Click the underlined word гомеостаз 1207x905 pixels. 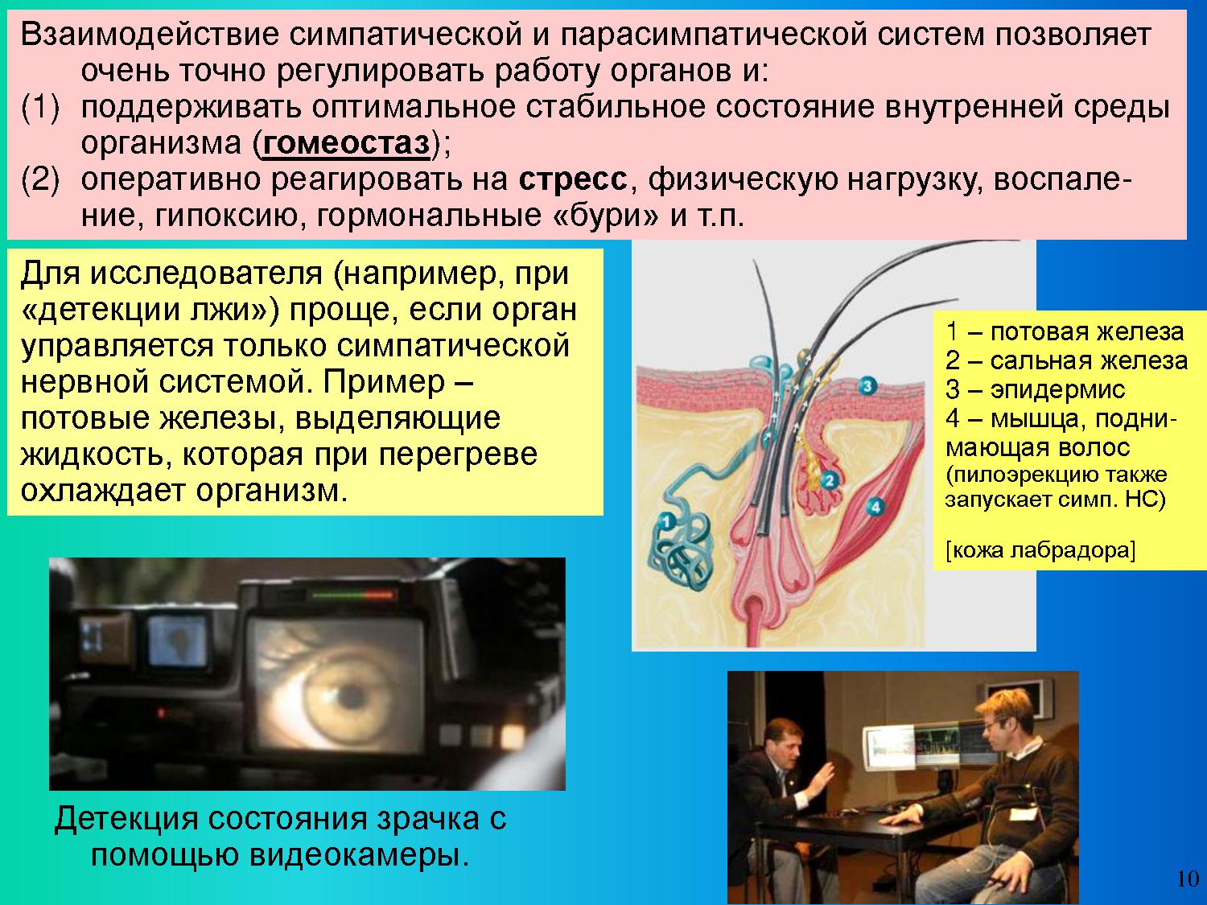(347, 144)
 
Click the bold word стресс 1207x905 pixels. (572, 180)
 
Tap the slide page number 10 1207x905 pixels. (1188, 878)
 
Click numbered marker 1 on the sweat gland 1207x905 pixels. (666, 521)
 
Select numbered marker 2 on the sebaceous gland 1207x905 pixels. (829, 481)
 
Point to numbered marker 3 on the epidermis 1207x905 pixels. (867, 386)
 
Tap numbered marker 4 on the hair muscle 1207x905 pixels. (875, 507)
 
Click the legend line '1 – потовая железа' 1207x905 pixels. (1065, 332)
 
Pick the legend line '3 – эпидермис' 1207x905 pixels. (1036, 390)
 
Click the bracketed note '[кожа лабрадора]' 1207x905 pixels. (1040, 550)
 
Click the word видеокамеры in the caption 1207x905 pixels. (360, 855)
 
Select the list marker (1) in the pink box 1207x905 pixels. (40, 108)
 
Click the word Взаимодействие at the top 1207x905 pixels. (150, 35)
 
